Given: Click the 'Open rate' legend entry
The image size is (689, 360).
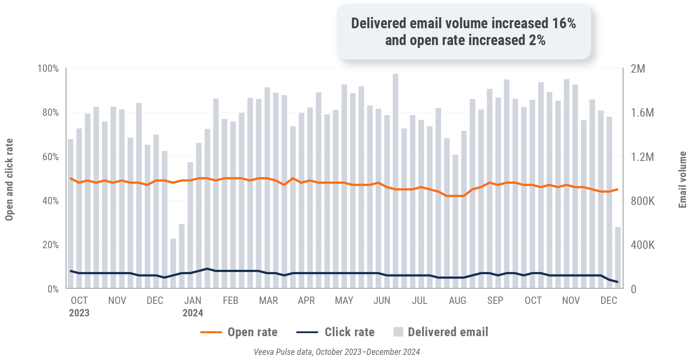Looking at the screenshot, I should click(x=252, y=332).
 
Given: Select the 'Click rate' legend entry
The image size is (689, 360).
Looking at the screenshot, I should click(x=349, y=332).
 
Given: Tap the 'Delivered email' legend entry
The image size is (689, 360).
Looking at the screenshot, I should click(x=447, y=332).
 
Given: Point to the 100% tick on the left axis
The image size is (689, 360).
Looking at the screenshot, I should click(x=48, y=69).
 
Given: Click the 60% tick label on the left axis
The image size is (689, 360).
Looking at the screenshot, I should click(x=50, y=157).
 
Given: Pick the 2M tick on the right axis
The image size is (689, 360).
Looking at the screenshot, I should click(x=638, y=69).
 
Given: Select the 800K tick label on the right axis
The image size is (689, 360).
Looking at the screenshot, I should click(x=642, y=201).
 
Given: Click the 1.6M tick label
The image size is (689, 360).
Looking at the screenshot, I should click(x=642, y=113).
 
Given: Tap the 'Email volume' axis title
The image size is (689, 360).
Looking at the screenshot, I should click(x=682, y=180).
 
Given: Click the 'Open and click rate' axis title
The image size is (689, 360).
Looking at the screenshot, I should click(x=9, y=180).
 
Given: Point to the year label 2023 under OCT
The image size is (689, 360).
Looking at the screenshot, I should click(x=79, y=313).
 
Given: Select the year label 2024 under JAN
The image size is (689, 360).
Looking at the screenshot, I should click(x=193, y=313).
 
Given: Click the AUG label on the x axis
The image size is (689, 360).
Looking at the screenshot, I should click(x=457, y=301).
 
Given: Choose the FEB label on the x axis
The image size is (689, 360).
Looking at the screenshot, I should click(x=231, y=301).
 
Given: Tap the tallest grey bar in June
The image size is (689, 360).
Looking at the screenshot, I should click(x=395, y=181).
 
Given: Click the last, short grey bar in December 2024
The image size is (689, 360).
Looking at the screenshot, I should click(x=618, y=258).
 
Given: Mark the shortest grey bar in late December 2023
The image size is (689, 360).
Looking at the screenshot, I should click(x=173, y=264).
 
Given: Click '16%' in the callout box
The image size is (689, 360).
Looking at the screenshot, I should click(x=564, y=23).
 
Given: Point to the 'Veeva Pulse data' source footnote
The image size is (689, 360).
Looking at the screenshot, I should click(x=336, y=352).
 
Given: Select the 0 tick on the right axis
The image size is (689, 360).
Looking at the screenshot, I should click(x=633, y=289).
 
